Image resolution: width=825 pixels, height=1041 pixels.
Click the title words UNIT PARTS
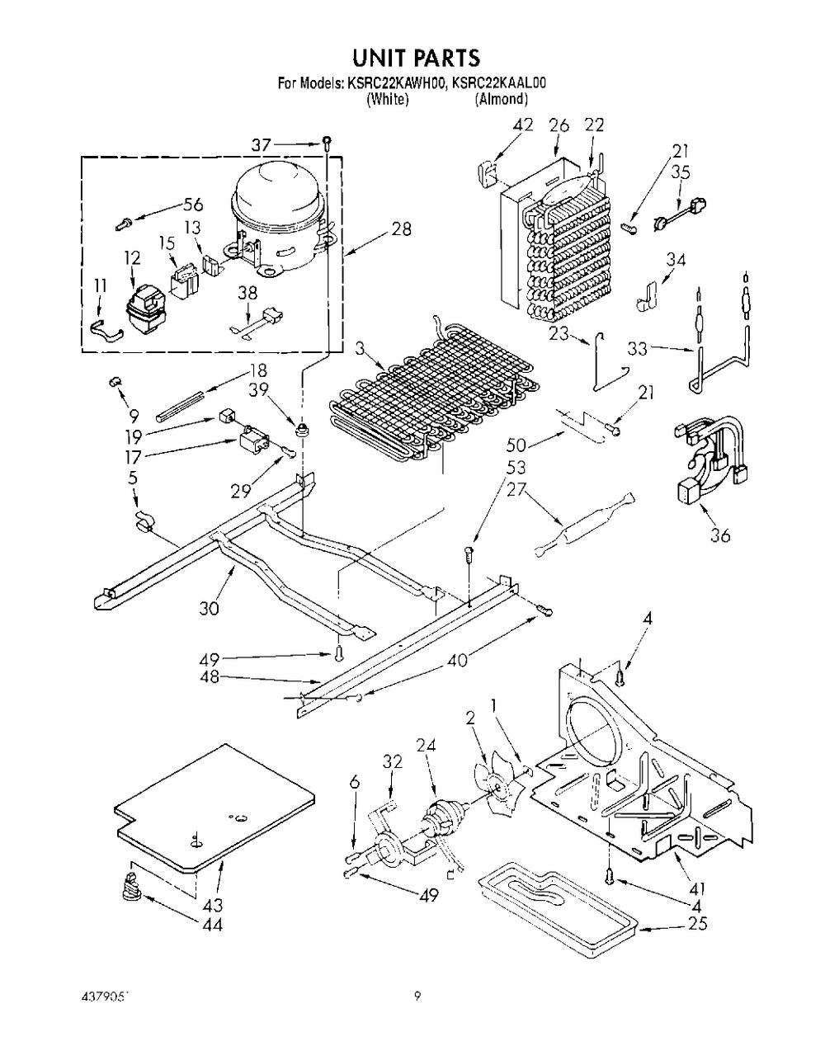[416, 58]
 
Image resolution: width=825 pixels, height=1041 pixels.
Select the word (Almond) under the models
[501, 100]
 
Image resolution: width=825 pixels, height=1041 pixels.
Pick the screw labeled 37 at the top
[328, 142]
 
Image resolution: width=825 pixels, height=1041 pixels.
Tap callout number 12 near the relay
[132, 257]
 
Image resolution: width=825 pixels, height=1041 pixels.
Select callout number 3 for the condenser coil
[360, 348]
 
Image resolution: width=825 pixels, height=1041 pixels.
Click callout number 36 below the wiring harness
[720, 535]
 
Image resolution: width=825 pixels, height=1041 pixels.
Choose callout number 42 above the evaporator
[523, 125]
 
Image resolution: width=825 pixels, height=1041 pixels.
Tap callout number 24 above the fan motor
[427, 746]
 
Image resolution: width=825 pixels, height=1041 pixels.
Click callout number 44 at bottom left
[211, 925]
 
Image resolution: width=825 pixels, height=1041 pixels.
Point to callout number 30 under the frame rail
[209, 608]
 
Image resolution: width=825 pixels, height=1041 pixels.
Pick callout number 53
[516, 468]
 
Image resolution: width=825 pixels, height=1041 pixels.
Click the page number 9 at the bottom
[417, 996]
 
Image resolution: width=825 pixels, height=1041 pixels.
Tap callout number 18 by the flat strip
[258, 370]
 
